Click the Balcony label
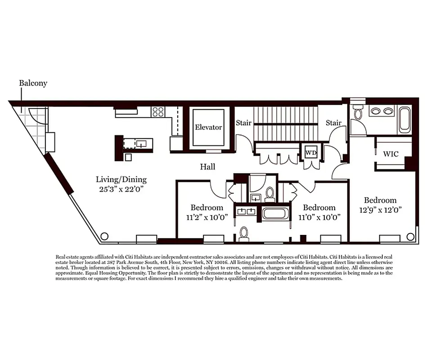[x=33, y=83]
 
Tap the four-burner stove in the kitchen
[x=158, y=112]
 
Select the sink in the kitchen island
[x=142, y=144]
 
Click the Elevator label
[x=208, y=127]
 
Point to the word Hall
[x=207, y=167]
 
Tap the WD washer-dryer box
[x=311, y=153]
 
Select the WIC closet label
[x=391, y=154]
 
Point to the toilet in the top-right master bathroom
[x=358, y=113]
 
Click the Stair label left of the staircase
[x=243, y=123]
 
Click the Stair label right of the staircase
[x=333, y=123]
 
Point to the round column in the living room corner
[x=104, y=236]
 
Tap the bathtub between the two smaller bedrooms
[x=275, y=213]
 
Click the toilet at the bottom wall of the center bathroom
[x=244, y=233]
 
